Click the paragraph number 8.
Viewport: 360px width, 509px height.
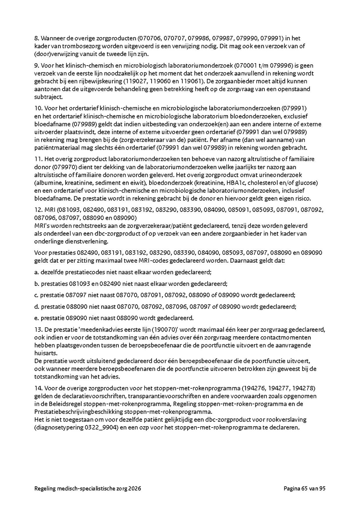(x=36, y=38)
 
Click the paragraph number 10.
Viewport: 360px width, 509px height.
(x=38, y=108)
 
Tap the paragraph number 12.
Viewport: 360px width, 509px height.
(x=38, y=210)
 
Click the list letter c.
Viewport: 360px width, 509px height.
(x=36, y=295)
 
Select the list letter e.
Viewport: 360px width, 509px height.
(x=36, y=318)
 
